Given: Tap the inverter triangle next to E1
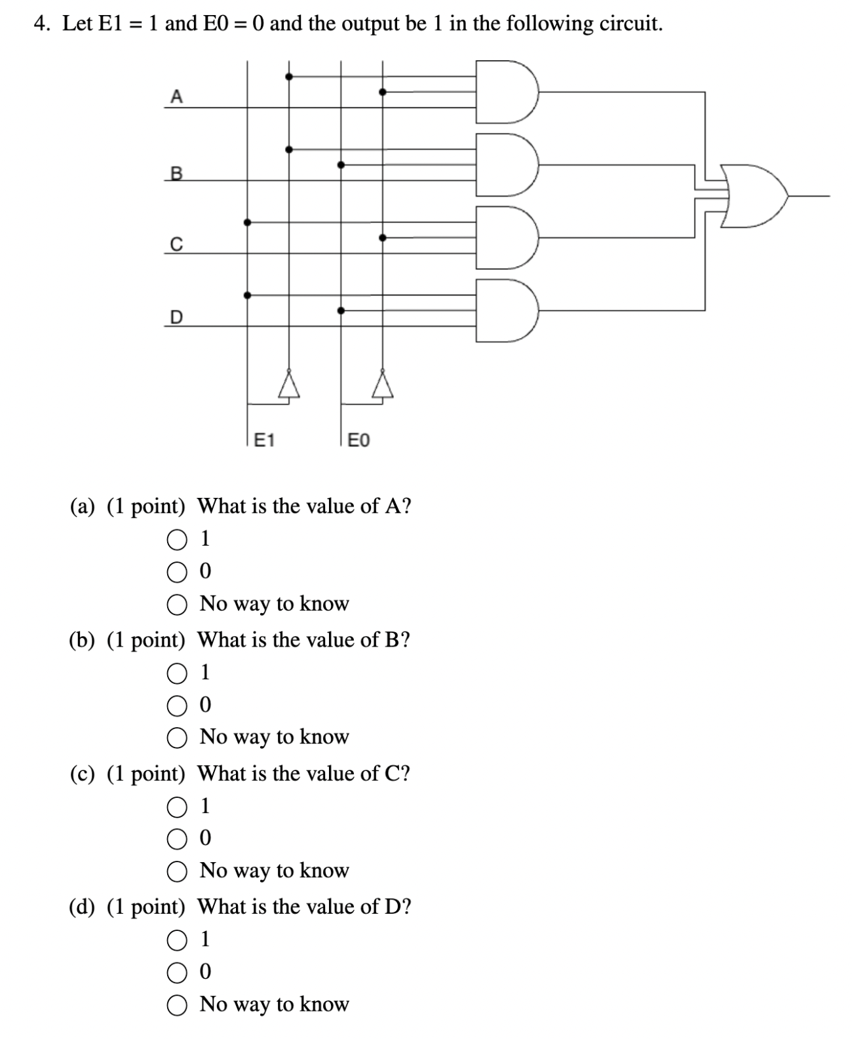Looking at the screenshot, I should point(288,385).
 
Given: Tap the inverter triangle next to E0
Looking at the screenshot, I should point(383,385).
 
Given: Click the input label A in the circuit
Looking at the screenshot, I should point(176,97).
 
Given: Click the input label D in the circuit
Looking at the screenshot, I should point(176,318).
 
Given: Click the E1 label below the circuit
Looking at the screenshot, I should point(263,440).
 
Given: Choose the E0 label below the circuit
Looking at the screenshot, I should point(358,440).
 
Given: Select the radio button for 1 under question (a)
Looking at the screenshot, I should point(176,540).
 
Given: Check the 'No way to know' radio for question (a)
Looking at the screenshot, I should point(176,605).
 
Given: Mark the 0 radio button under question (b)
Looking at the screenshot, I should point(176,706).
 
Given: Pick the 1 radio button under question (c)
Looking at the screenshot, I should point(176,807).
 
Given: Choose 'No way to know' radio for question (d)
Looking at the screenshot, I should point(176,1005).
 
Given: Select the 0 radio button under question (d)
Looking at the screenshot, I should point(176,973).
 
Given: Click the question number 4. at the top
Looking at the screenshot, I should point(43,24).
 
